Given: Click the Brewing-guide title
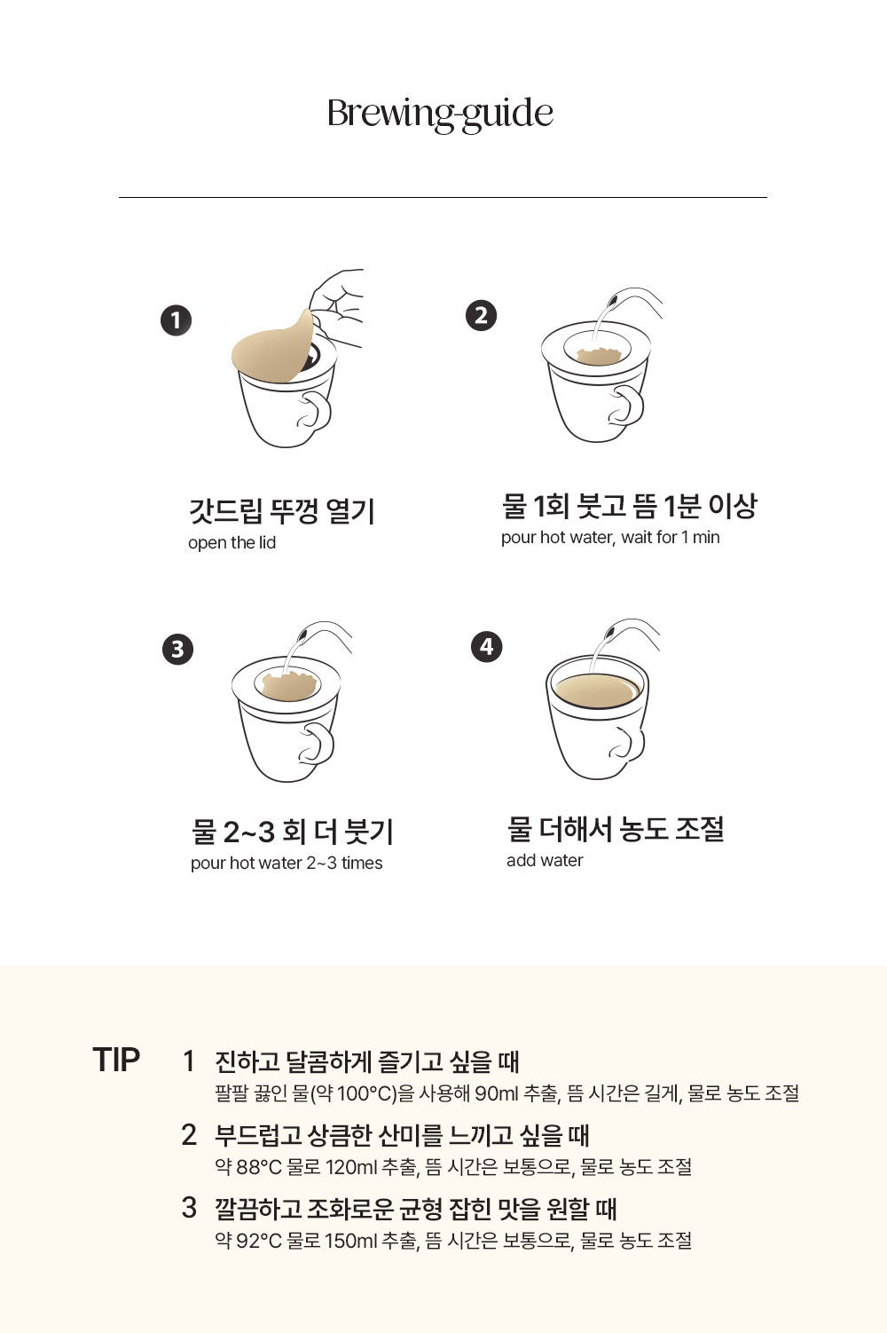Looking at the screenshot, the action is point(440,114).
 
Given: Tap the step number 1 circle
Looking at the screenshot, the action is point(177,320).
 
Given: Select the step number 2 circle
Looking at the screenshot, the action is point(481,315).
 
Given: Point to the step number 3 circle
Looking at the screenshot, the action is point(178,649).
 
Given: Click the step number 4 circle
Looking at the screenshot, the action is point(487,646).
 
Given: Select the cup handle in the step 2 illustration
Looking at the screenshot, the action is point(627,406).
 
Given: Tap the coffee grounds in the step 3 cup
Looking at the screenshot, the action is point(288,686).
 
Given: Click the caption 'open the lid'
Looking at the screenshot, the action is point(232,543).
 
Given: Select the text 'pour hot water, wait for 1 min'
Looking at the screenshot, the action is point(610,537).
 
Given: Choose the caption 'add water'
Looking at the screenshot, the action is point(545,861).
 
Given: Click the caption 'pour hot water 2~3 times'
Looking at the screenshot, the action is point(287,864).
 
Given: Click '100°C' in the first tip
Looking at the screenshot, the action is point(362,1093).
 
